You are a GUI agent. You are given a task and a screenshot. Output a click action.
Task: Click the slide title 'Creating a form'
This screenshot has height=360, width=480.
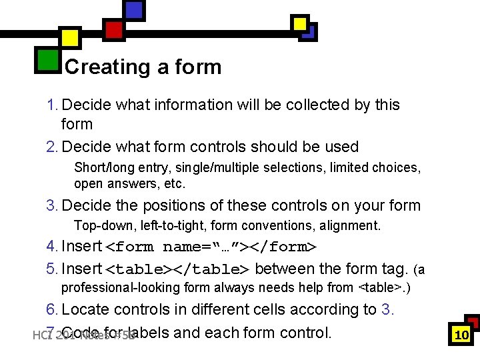[143, 67]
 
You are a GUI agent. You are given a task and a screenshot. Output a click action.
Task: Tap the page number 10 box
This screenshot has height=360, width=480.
[461, 335]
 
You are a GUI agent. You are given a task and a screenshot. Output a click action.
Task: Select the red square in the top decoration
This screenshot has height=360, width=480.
[114, 29]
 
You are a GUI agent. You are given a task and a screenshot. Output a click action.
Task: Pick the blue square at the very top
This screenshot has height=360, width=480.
[134, 9]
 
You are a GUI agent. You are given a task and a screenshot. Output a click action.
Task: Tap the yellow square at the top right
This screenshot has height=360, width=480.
[301, 24]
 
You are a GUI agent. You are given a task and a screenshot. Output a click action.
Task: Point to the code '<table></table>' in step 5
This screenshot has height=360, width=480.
[177, 269]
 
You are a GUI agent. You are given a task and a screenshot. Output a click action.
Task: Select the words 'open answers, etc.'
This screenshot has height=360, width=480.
[129, 183]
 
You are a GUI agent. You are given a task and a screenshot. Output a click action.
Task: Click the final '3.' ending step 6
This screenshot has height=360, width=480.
[387, 309]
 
